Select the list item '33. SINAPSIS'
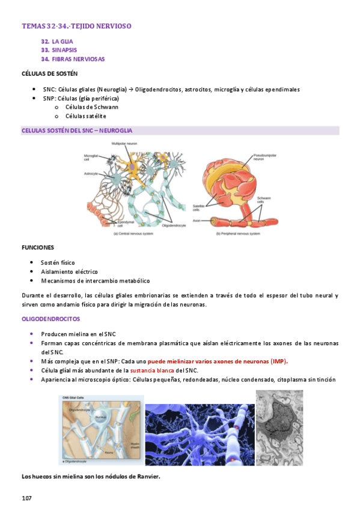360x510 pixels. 59,50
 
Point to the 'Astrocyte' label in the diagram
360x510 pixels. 91,173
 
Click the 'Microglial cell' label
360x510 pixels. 91,158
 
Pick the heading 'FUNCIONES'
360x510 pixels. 38,247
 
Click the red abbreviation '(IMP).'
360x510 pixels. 279,361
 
